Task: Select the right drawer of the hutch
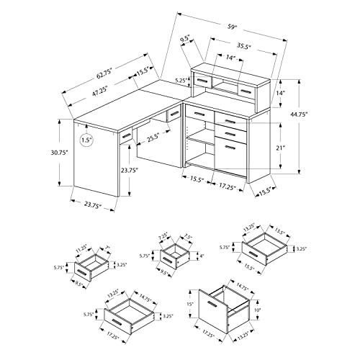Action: click(x=246, y=90)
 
